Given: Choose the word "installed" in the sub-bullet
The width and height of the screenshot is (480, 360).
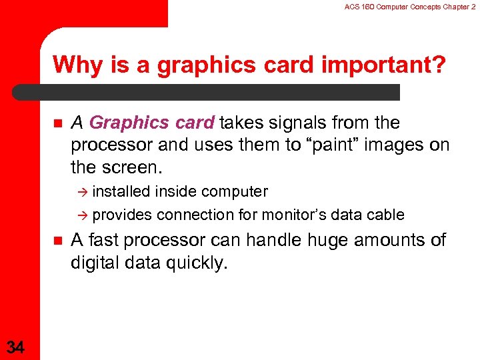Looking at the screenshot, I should [x=121, y=192].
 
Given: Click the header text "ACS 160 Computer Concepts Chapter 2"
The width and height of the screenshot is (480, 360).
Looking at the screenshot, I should [x=410, y=7].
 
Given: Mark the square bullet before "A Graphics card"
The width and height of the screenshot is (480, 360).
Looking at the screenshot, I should [x=55, y=123].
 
